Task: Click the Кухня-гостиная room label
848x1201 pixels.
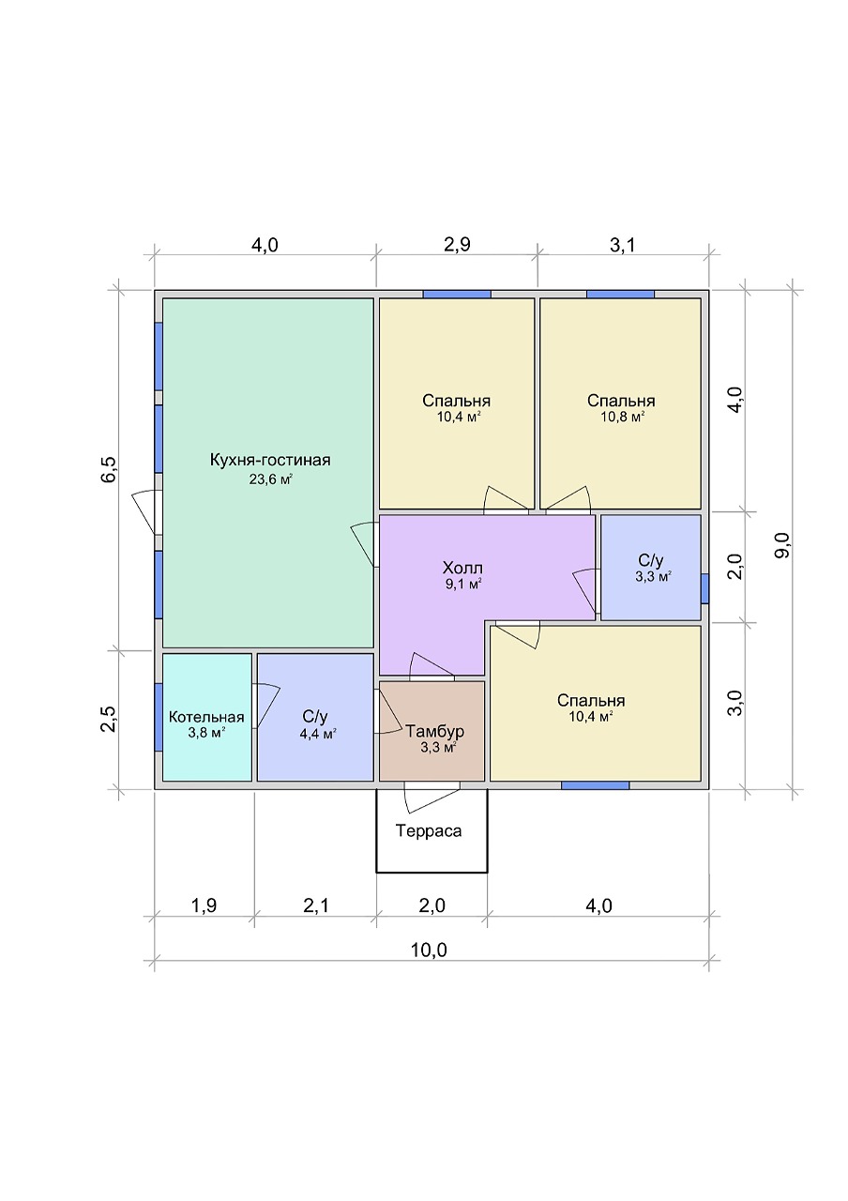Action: [x=269, y=460]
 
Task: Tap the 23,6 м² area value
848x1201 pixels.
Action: [x=270, y=479]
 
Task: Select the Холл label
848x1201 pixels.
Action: [x=462, y=568]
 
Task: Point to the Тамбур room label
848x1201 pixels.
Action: [x=434, y=731]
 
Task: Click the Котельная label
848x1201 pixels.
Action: [x=206, y=717]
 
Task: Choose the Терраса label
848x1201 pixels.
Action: [x=429, y=830]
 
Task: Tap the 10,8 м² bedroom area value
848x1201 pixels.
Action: [x=622, y=417]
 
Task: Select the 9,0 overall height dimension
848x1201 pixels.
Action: [x=782, y=546]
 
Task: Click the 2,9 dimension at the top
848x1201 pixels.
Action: [x=457, y=245]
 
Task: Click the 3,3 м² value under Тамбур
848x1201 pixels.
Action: [x=438, y=748]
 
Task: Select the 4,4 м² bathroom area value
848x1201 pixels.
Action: [x=318, y=733]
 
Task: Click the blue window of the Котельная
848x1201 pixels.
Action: [x=159, y=718]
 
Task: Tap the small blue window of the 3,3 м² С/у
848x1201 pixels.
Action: [x=704, y=588]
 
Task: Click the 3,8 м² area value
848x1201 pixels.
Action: [x=206, y=733]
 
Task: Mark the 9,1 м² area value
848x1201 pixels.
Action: [x=462, y=584]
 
